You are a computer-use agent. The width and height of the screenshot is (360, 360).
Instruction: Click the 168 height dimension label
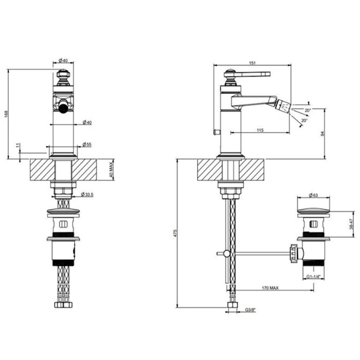[6, 114]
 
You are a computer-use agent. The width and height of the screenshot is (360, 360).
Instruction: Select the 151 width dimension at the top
[252, 63]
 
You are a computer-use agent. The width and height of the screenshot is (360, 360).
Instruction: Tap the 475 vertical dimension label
[175, 233]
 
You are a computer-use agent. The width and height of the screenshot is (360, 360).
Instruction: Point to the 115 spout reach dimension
[260, 130]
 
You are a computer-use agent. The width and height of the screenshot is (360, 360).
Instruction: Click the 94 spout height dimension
[322, 134]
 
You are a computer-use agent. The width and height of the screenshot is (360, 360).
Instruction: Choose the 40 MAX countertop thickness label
[111, 170]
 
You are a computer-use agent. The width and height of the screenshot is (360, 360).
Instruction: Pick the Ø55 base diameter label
[87, 145]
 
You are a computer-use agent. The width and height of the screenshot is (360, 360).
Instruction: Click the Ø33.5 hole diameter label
[87, 194]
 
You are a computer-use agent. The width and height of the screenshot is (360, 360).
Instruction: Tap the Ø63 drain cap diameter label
[313, 195]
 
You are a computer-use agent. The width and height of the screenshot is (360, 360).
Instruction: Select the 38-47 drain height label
[351, 224]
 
